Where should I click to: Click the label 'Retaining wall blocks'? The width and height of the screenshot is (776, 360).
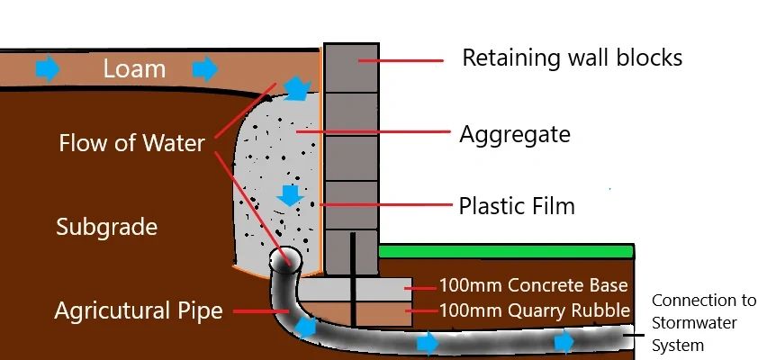click(572, 58)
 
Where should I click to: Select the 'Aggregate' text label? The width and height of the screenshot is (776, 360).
click(515, 135)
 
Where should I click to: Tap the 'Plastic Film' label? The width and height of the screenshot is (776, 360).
click(517, 206)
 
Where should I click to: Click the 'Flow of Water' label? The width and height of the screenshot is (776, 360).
click(131, 143)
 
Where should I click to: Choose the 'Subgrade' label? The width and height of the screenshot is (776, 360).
click(106, 226)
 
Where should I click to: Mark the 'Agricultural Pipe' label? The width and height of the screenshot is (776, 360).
click(138, 311)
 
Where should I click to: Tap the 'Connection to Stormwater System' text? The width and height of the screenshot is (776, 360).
click(704, 322)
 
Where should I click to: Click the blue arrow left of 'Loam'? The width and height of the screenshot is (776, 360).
click(46, 67)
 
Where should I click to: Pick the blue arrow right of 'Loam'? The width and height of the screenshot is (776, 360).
click(205, 67)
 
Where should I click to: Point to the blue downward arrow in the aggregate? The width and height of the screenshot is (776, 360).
click(289, 193)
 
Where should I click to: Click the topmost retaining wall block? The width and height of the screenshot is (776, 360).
click(349, 66)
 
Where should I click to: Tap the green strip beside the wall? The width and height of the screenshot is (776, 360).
click(504, 251)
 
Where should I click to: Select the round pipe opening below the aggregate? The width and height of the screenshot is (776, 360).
click(288, 260)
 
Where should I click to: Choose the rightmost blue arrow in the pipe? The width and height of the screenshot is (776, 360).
click(564, 341)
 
